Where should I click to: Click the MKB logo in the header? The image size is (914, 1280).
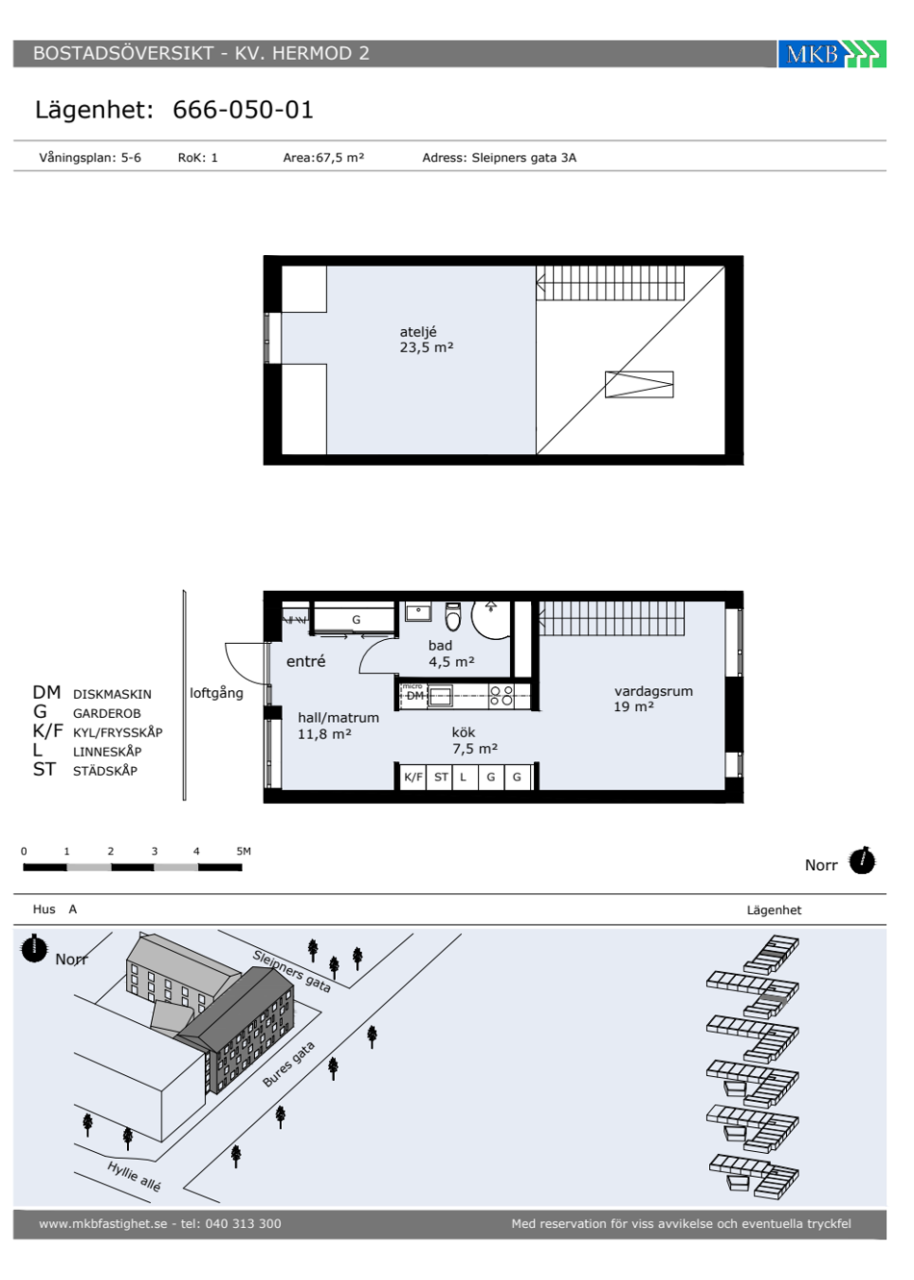(831, 54)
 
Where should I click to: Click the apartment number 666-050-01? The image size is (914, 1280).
(242, 110)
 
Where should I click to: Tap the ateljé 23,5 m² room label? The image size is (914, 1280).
(426, 340)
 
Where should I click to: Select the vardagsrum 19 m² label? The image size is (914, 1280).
(653, 699)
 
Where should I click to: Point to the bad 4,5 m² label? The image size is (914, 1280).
(451, 653)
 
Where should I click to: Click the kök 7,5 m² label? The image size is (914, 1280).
(474, 740)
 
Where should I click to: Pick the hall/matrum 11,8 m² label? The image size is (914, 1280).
(339, 725)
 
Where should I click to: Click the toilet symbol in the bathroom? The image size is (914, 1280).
(453, 616)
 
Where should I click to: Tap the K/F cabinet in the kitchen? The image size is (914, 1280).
(413, 777)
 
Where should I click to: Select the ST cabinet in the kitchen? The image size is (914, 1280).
(441, 777)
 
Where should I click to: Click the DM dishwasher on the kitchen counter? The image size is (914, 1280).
(415, 696)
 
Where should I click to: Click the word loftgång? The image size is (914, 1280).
(216, 693)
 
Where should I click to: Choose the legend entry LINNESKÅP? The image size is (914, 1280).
(107, 752)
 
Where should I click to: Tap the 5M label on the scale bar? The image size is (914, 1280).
(243, 851)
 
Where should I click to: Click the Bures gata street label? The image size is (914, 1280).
(289, 1064)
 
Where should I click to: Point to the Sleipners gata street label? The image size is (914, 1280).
(292, 971)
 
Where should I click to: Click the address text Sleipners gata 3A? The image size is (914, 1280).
(523, 158)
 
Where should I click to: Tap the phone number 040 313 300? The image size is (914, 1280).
(243, 1223)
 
